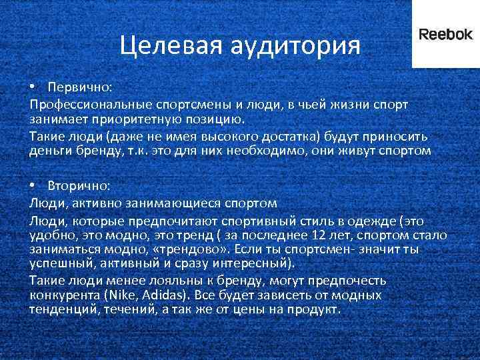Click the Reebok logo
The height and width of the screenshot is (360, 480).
pos(445,35)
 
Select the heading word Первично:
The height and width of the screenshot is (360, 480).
pos(80,88)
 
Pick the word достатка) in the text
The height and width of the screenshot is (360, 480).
pos(290,136)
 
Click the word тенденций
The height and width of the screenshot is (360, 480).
pos(57,310)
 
